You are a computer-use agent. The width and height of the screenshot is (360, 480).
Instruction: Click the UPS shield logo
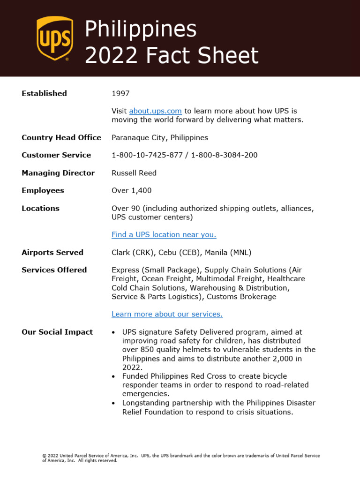tap(54, 38)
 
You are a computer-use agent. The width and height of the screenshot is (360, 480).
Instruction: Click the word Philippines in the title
tap(140, 29)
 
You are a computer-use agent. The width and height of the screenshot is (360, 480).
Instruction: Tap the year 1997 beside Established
tap(120, 93)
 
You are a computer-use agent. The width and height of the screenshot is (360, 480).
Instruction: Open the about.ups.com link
tap(155, 111)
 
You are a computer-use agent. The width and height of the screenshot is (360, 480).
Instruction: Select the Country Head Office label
tap(61, 137)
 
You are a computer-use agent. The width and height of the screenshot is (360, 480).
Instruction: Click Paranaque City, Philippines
tap(159, 137)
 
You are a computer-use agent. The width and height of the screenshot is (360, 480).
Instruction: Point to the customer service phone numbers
tap(184, 155)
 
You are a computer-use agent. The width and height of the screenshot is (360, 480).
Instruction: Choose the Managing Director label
tap(58, 173)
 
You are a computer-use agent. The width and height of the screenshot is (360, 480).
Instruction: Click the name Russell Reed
tap(134, 173)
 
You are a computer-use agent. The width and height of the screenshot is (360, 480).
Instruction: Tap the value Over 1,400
tap(131, 190)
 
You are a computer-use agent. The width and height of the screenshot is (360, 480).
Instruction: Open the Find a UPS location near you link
tap(164, 234)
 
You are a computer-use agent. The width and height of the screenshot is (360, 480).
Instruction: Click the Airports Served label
tap(52, 252)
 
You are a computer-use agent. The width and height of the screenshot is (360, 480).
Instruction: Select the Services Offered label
tap(54, 270)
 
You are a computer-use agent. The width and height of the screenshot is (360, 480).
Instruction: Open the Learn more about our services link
tap(167, 314)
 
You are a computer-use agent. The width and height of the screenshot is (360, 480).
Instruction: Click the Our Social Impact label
tap(57, 332)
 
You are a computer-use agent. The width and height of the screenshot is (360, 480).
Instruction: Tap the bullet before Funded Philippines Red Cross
tap(114, 376)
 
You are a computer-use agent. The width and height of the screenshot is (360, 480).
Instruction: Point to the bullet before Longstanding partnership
tap(114, 403)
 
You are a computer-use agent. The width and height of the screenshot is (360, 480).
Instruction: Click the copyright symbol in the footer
tap(44, 456)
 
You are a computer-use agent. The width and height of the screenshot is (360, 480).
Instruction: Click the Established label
tap(44, 93)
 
